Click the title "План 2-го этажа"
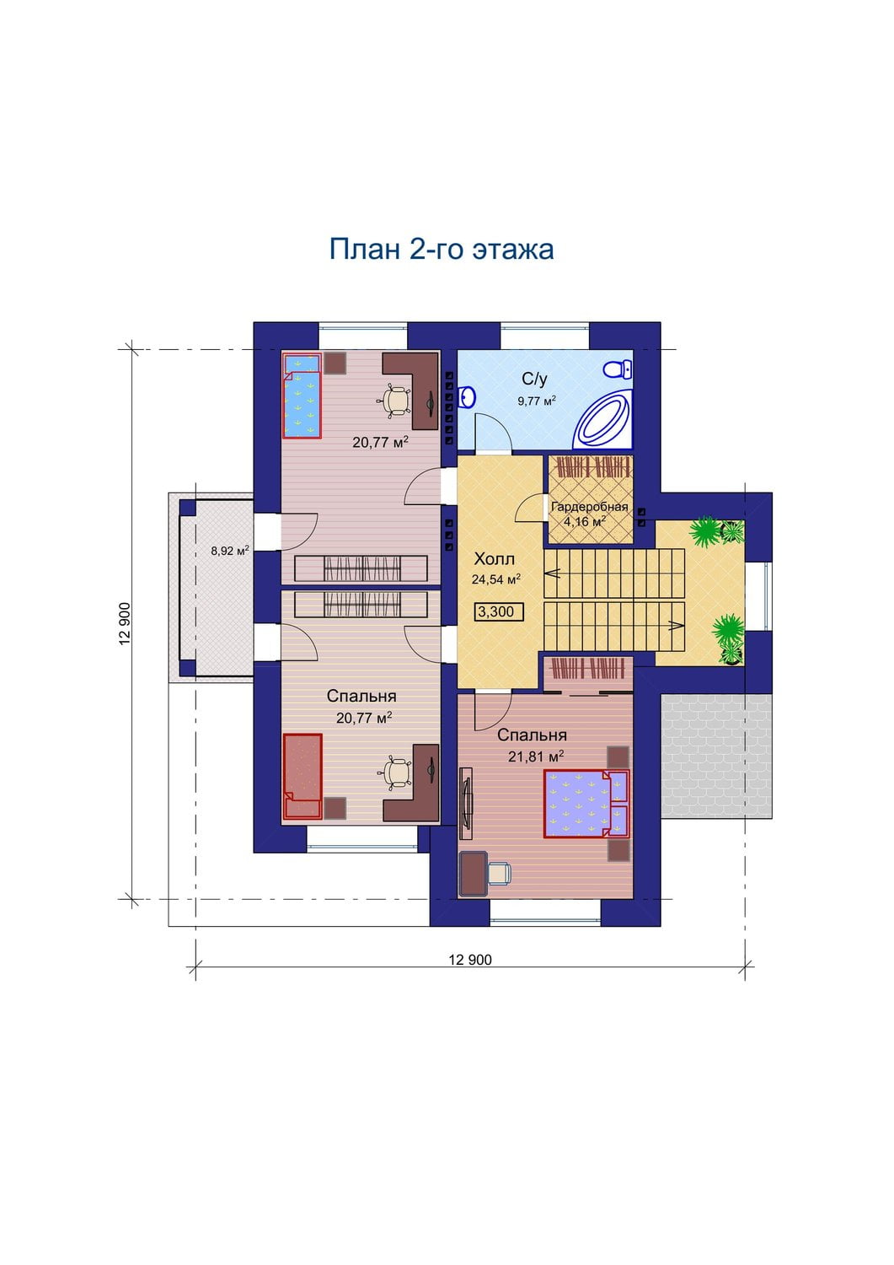[441, 250]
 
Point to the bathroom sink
[468, 397]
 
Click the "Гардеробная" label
[589, 507]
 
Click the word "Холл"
[495, 560]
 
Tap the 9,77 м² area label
[537, 401]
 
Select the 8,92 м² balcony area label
[230, 551]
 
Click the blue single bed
[302, 396]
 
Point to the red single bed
[302, 776]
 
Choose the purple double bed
[586, 803]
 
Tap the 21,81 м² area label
[536, 756]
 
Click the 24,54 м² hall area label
[496, 579]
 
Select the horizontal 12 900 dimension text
[470, 960]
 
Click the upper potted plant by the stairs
[705, 531]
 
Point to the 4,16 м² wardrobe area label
[585, 521]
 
